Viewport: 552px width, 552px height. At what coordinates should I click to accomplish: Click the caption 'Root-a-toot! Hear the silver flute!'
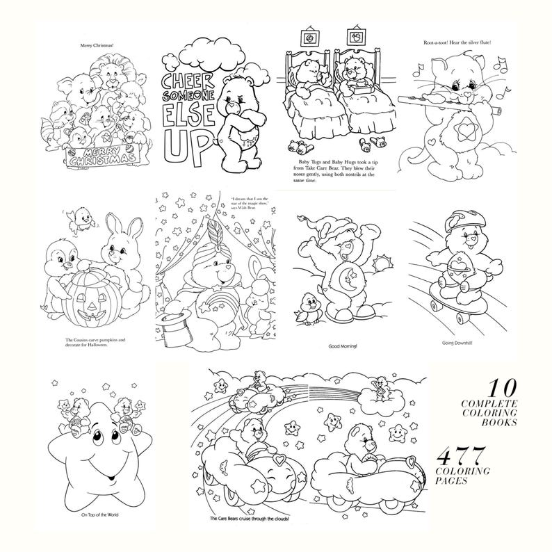click(x=457, y=43)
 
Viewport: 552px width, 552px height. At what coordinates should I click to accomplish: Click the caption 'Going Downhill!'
click(x=457, y=343)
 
